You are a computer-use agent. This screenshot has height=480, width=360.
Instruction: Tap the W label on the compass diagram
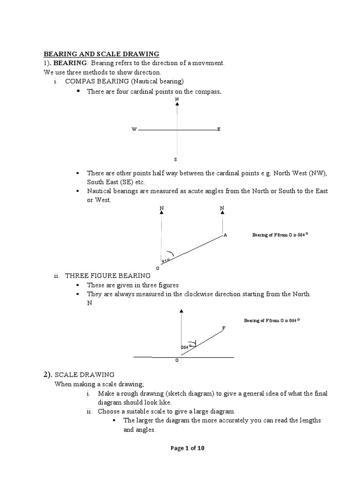click(x=134, y=129)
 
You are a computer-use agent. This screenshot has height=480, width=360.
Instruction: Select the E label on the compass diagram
click(x=219, y=129)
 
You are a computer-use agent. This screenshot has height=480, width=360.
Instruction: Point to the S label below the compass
click(x=176, y=159)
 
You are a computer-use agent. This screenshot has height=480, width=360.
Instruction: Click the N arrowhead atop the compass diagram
click(x=177, y=105)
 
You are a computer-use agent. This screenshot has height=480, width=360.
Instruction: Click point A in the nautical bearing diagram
click(x=225, y=235)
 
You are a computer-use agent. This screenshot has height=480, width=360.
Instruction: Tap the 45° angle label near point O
click(x=165, y=260)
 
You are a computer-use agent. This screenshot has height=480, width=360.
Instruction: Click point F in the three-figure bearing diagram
click(x=224, y=328)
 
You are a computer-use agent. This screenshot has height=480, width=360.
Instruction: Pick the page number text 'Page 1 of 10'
click(x=187, y=448)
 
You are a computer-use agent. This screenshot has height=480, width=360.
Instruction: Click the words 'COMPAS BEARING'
click(x=93, y=82)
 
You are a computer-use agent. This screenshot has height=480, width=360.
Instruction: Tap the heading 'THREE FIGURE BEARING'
click(x=108, y=276)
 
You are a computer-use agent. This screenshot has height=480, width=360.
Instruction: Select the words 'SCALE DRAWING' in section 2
click(x=85, y=375)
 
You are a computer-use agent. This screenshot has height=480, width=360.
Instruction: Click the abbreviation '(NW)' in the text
click(x=317, y=173)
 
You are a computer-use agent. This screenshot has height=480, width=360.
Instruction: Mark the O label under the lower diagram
click(x=177, y=361)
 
